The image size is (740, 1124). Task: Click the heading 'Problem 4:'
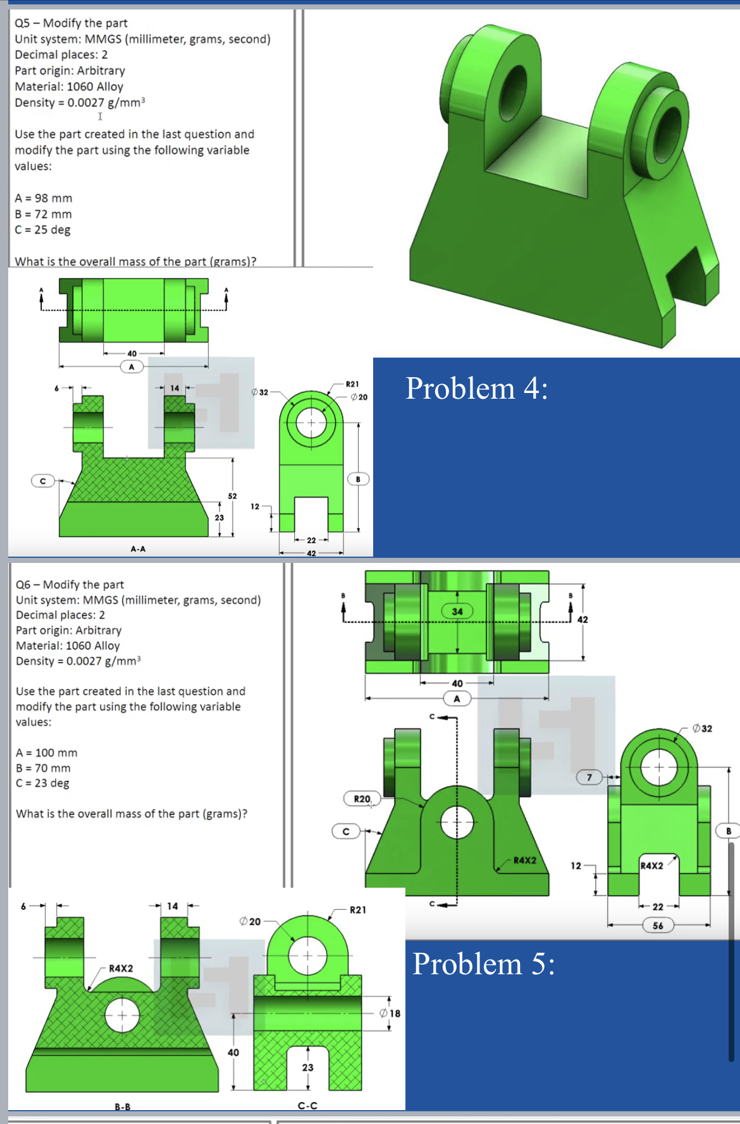(x=476, y=388)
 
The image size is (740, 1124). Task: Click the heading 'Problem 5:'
(x=484, y=964)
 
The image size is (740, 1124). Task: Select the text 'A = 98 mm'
(x=44, y=198)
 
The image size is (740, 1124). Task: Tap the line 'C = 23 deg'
(x=42, y=783)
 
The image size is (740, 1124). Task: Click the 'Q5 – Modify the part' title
(x=71, y=23)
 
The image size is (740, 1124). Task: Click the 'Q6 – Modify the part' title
(x=70, y=584)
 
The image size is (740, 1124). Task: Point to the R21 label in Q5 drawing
(x=352, y=384)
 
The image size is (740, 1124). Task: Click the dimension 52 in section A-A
(x=232, y=496)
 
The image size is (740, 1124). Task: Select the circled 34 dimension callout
(x=457, y=611)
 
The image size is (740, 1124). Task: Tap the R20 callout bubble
(x=362, y=799)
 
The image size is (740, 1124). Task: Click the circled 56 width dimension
(x=658, y=926)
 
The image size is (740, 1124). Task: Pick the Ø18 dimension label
(x=390, y=1013)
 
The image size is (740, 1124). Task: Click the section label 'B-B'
(x=122, y=1107)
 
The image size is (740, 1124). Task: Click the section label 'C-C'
(x=307, y=1106)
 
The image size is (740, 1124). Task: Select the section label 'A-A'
(x=138, y=549)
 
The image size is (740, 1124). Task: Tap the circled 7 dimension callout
(x=589, y=777)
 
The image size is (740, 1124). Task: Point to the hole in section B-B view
(x=122, y=1015)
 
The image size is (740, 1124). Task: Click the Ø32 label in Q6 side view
(x=702, y=728)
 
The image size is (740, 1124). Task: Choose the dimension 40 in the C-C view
(x=233, y=1053)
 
